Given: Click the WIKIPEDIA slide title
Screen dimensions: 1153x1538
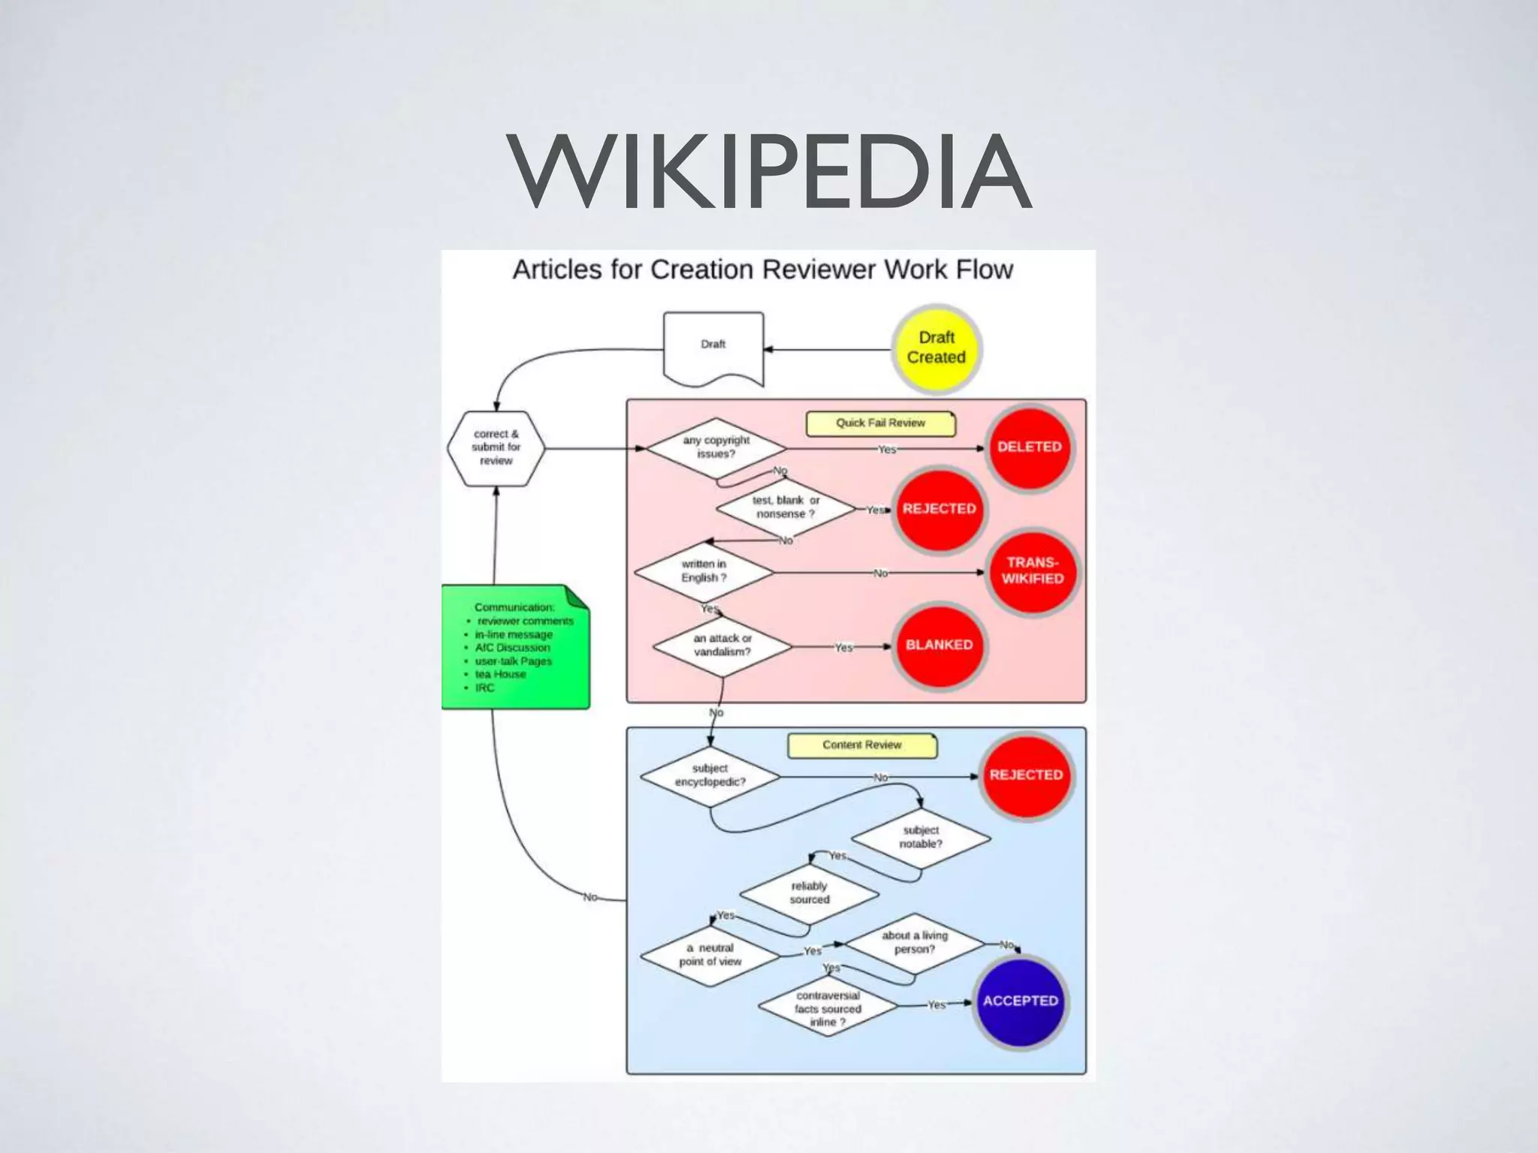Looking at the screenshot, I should pos(769,173).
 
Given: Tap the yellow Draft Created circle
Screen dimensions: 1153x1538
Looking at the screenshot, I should pos(936,348).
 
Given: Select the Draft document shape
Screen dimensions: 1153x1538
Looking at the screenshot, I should pos(713,347).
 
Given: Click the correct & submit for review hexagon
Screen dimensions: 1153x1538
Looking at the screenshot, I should pos(496,448).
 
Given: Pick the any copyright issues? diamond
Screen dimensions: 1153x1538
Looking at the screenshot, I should pos(716,448).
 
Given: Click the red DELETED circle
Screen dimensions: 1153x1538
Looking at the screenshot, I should pos(1029,447).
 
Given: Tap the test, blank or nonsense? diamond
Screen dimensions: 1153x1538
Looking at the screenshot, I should pos(786,507).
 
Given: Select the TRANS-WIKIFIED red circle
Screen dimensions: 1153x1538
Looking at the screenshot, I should pos(1032,571).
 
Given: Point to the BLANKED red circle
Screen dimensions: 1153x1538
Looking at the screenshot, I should pos(939,645).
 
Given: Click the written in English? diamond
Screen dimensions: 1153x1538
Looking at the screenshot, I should pos(704,571).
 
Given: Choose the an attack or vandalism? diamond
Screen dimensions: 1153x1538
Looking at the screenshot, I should pos(722,646).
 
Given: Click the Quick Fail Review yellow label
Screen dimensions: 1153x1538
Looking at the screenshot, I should pos(880,423).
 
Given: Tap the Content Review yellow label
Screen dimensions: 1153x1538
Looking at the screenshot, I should pos(861,745).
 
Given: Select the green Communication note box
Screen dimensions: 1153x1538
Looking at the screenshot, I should pos(515,647).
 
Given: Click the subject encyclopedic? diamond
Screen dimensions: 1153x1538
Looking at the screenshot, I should pos(710,775).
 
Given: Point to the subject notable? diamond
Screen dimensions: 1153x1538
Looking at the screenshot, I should pos(921,837).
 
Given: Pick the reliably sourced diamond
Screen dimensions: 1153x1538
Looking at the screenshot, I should pos(809,893).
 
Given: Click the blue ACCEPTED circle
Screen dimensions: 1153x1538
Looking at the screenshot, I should pos(1020,1001).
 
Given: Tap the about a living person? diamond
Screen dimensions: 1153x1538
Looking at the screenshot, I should pos(915,943).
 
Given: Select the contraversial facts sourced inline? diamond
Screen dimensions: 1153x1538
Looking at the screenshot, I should pos(828,1008).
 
